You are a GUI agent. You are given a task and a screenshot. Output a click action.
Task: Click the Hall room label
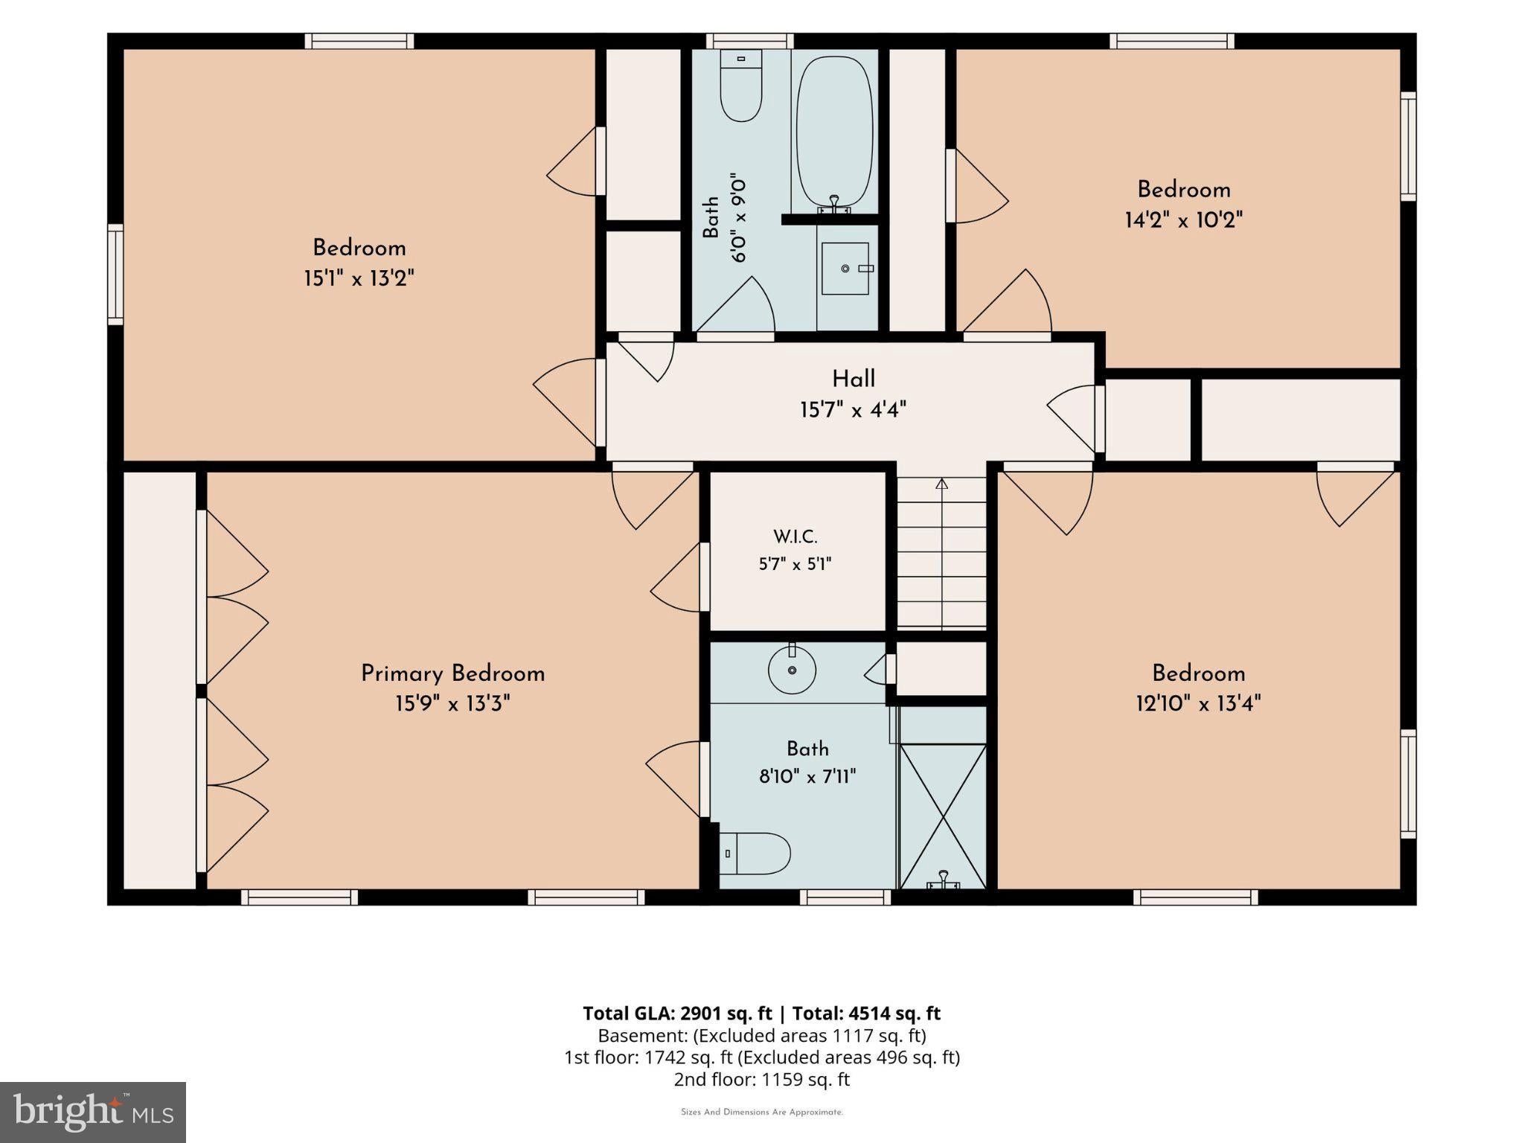pos(854,380)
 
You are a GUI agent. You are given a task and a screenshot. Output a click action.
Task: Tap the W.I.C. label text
pos(795,537)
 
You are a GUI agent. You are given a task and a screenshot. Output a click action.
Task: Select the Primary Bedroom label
pos(453,674)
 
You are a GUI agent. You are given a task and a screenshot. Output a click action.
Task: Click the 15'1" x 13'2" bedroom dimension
pos(359,279)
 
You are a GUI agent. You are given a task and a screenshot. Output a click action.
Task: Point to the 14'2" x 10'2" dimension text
pos(1184,220)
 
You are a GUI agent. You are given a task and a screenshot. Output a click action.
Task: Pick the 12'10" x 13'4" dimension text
pos(1198,703)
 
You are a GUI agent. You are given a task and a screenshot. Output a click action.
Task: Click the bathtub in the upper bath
pos(835,132)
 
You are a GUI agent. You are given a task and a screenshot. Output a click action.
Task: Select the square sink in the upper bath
pos(845,269)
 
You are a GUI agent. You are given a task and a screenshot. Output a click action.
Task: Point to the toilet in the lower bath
pos(755,854)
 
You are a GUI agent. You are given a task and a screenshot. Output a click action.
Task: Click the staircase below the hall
pos(942,554)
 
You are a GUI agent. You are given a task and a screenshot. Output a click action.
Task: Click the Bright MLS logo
pos(93,1112)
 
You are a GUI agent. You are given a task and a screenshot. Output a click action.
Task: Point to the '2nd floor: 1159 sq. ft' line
pos(762,1080)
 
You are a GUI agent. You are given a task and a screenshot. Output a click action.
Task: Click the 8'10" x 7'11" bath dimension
pos(807,778)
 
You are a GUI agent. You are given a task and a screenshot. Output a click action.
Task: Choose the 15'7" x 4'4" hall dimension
pos(854,410)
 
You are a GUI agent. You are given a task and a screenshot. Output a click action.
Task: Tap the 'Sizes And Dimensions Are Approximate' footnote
pos(762,1112)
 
